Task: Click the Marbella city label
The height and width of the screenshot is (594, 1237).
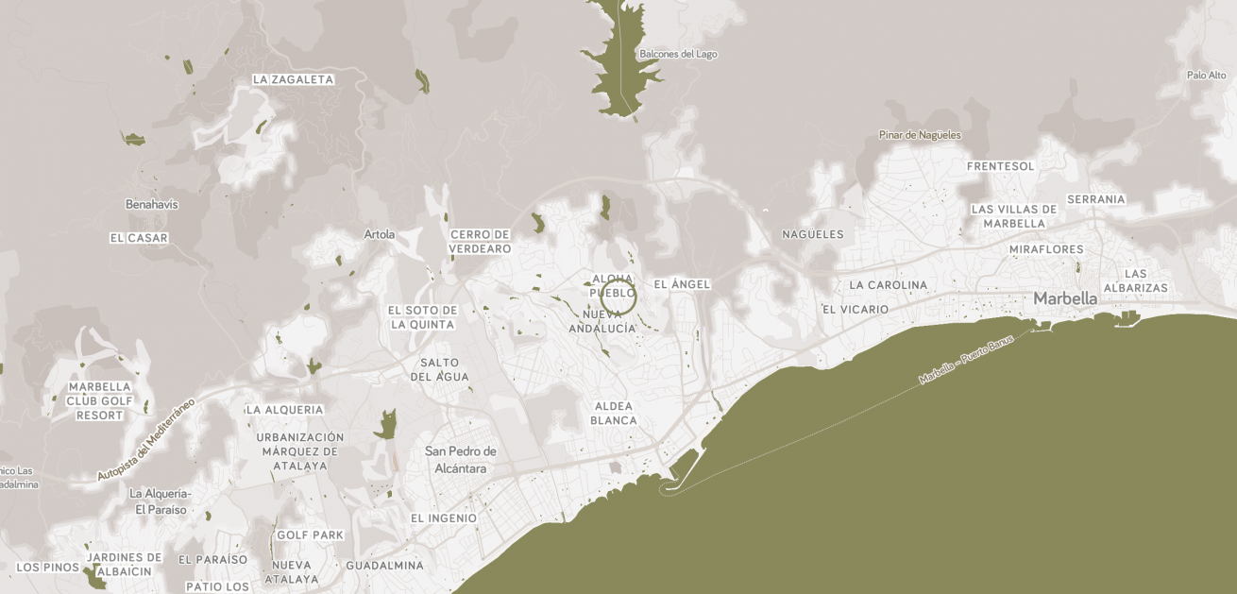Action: click(1065, 298)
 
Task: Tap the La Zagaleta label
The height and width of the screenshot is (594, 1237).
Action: click(293, 80)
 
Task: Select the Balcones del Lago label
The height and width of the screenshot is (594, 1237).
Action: click(678, 54)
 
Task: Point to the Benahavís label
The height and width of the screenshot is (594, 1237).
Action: click(151, 204)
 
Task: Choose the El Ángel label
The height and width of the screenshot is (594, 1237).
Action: click(682, 284)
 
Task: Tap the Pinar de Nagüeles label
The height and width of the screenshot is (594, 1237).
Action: click(920, 135)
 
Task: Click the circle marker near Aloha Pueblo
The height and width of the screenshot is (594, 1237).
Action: click(618, 297)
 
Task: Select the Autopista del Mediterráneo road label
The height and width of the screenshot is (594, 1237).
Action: click(145, 440)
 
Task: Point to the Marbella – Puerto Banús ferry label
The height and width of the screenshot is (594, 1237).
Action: click(966, 359)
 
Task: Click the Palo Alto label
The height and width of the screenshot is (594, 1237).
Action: click(1206, 76)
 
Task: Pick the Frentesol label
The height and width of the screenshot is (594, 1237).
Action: click(1001, 166)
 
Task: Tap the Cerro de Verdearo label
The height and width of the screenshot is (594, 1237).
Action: click(481, 242)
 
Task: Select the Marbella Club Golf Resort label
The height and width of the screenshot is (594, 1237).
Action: click(100, 401)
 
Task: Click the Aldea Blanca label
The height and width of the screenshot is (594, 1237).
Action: click(614, 414)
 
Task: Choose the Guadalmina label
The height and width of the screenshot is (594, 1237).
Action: click(384, 566)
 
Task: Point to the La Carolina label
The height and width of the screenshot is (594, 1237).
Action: click(888, 285)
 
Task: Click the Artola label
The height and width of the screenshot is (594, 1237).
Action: click(380, 234)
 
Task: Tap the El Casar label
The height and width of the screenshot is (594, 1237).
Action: click(139, 238)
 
